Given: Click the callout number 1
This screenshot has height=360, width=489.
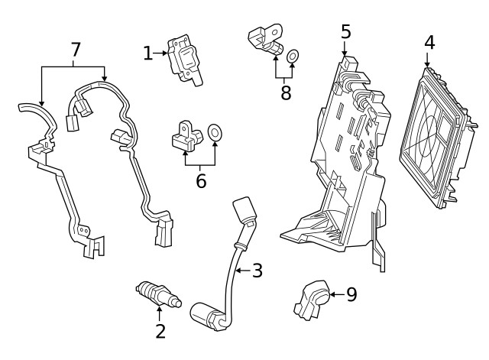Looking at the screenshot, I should pyautogui.click(x=147, y=53).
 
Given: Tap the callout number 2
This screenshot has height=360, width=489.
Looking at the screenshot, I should pyautogui.click(x=160, y=331).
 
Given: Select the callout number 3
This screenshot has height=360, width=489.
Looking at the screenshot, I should pyautogui.click(x=257, y=270).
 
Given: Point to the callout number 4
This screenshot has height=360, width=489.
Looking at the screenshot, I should pyautogui.click(x=429, y=42).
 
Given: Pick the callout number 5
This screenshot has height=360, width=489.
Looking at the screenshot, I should pyautogui.click(x=346, y=32).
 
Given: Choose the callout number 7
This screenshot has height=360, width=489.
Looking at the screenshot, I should pyautogui.click(x=75, y=50).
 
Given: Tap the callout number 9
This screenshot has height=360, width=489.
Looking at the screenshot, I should pyautogui.click(x=351, y=294).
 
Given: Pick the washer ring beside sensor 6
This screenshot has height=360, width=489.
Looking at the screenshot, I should pyautogui.click(x=215, y=134).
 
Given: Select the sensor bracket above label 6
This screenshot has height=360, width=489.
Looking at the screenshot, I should pyautogui.click(x=186, y=136).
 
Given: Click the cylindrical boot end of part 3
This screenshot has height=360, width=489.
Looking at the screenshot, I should pyautogui.click(x=206, y=313).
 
